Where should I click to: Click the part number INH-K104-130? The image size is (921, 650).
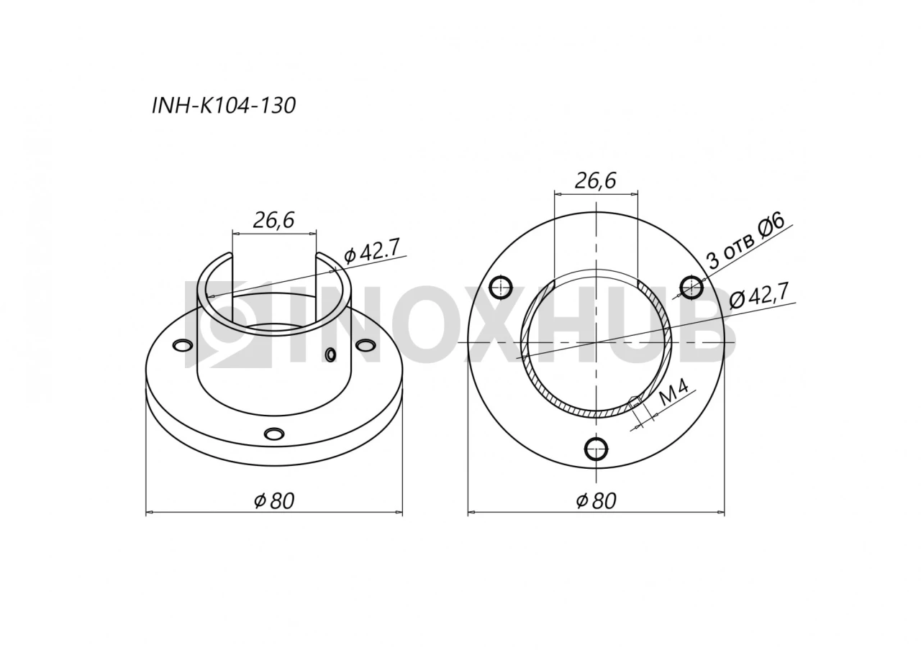coord(224,106)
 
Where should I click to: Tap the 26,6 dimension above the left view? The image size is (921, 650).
coord(273,220)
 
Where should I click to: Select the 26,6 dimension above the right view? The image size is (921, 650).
coord(595,180)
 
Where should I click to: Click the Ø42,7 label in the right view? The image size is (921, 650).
coord(759,297)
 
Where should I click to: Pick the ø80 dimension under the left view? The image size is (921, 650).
coord(274,501)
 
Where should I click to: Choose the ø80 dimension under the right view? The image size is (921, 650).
coord(596,501)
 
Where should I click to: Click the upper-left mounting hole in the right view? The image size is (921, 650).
coord(501,287)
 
